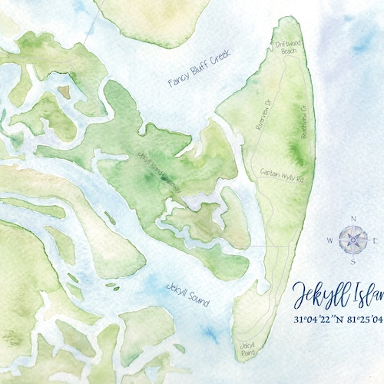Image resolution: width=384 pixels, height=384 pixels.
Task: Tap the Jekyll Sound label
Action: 187,294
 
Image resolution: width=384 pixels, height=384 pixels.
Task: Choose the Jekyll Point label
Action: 247,349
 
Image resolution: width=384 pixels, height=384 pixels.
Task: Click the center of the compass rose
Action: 353,240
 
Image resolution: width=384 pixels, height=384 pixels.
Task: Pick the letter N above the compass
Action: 353,219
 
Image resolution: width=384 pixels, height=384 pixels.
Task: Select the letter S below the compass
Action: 353,262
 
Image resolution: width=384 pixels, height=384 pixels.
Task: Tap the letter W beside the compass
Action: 330,241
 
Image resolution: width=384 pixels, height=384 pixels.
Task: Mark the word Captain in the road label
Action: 272,173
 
